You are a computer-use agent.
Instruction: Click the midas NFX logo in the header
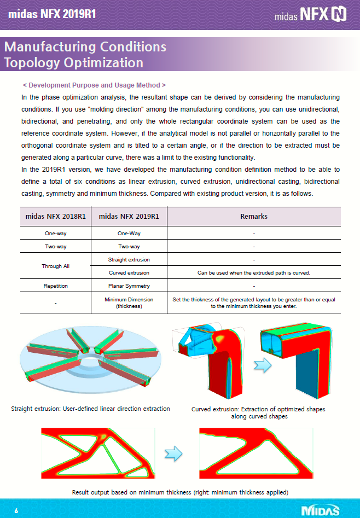pyautogui.click(x=311, y=14)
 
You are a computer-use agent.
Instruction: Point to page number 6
pyautogui.click(x=16, y=510)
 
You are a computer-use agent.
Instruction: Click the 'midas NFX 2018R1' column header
pyautogui.click(x=55, y=217)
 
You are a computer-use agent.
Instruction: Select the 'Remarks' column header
pyautogui.click(x=254, y=217)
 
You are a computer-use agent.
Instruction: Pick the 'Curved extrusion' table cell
pyautogui.click(x=129, y=272)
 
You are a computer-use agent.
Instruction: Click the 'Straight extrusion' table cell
pyautogui.click(x=129, y=259)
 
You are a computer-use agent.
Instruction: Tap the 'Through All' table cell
pyautogui.click(x=55, y=266)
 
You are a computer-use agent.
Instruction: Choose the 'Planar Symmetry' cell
pyautogui.click(x=129, y=286)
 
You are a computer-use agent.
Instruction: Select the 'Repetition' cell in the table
pyautogui.click(x=55, y=286)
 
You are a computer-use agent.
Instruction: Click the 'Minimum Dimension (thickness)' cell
pyautogui.click(x=129, y=303)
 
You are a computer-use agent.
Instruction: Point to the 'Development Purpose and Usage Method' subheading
pyautogui.click(x=94, y=85)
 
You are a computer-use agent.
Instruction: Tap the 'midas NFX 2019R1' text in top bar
pyautogui.click(x=52, y=14)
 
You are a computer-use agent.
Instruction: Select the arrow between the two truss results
pyautogui.click(x=173, y=453)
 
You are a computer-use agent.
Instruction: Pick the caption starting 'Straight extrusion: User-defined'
pyautogui.click(x=90, y=409)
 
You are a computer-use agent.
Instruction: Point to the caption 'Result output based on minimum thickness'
pyautogui.click(x=180, y=492)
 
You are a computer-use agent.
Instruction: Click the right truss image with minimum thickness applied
pyautogui.click(x=256, y=453)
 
